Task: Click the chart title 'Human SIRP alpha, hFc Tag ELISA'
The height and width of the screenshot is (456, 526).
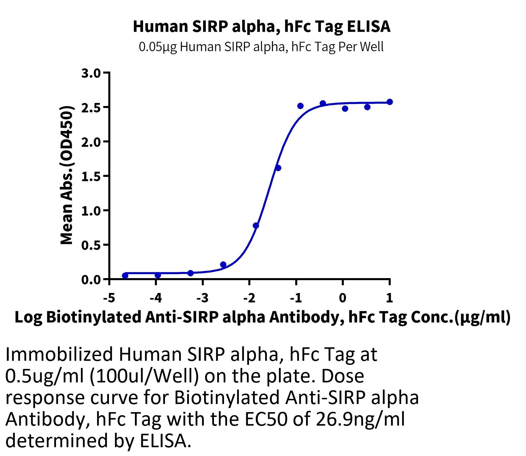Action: (x=261, y=27)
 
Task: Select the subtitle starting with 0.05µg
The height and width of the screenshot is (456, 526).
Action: (x=261, y=47)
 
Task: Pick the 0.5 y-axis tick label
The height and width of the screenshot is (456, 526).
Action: (x=91, y=245)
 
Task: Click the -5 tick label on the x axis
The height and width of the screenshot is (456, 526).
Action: (x=109, y=298)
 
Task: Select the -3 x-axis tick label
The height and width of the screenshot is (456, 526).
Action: (x=203, y=298)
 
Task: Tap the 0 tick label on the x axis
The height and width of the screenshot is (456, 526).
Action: (x=343, y=298)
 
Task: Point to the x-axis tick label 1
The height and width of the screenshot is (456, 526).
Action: (x=389, y=298)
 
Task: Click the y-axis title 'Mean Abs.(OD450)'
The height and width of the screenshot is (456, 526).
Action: (x=66, y=176)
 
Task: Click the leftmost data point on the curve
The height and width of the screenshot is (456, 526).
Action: (x=125, y=275)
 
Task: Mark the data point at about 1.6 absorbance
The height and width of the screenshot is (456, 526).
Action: (x=278, y=168)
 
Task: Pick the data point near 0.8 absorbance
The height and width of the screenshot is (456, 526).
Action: (x=256, y=225)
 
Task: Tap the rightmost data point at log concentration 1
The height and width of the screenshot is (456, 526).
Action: (x=390, y=102)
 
